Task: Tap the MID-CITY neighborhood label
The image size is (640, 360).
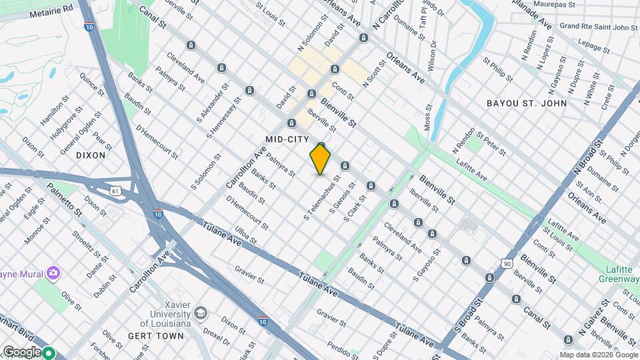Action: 287,139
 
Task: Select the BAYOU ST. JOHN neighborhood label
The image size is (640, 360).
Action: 527,103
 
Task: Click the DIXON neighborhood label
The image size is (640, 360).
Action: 91,155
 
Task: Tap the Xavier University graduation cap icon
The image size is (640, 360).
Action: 200,313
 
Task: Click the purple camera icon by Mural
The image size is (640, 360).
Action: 53,273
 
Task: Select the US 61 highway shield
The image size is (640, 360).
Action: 117,191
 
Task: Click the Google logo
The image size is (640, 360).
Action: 21,351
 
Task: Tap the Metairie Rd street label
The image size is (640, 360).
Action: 50,10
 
